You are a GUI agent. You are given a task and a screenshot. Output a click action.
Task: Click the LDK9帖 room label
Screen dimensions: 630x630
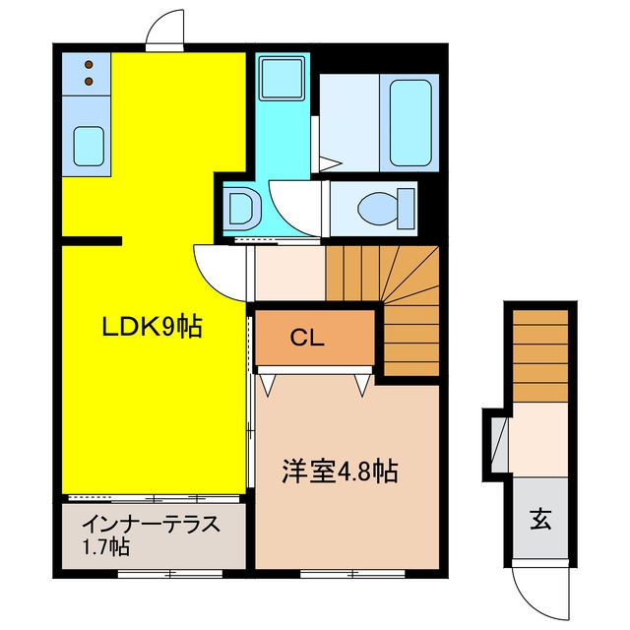pyautogui.click(x=152, y=326)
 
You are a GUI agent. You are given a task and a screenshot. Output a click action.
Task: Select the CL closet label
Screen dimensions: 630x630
pyautogui.click(x=307, y=339)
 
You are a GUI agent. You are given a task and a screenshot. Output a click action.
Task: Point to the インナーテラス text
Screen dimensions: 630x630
pyautogui.click(x=152, y=524)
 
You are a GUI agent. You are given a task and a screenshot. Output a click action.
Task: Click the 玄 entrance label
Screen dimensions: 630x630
pyautogui.click(x=540, y=519)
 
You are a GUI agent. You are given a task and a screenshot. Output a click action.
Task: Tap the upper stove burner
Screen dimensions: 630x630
pyautogui.click(x=89, y=64)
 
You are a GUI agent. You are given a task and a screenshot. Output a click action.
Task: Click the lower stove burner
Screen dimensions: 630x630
pyautogui.click(x=89, y=82)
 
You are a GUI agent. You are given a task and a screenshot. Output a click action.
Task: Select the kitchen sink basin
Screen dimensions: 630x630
pyautogui.click(x=89, y=147)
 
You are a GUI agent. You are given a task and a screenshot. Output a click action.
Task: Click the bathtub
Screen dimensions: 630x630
pyautogui.click(x=410, y=122)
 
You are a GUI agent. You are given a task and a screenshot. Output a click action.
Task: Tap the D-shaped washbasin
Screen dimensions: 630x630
pyautogui.click(x=244, y=208)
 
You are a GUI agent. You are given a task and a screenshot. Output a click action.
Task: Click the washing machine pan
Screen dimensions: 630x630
pyautogui.click(x=282, y=78)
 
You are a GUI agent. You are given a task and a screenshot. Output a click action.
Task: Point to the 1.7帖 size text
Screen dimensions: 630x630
pyautogui.click(x=105, y=546)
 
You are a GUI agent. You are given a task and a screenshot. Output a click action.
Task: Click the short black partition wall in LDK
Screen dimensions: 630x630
pyautogui.click(x=92, y=240)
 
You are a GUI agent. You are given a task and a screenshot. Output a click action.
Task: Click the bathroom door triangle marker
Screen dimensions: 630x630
pyautogui.click(x=330, y=163)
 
